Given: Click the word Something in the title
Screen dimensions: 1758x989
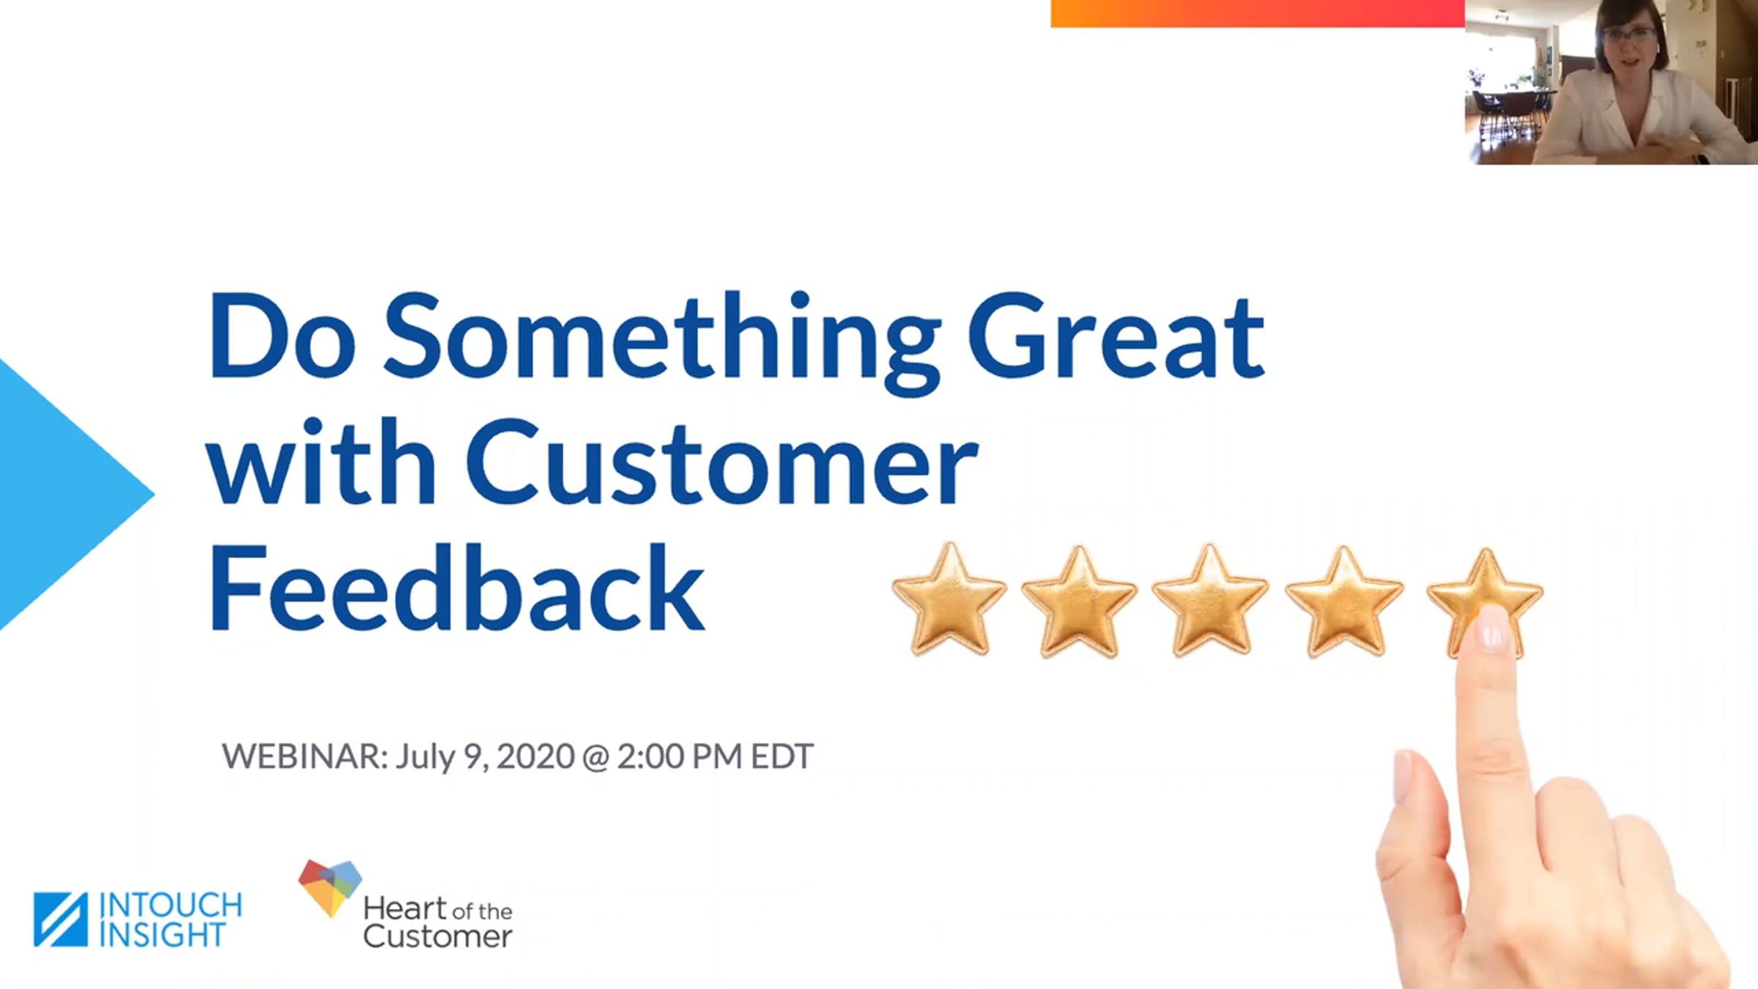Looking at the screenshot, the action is click(661, 341).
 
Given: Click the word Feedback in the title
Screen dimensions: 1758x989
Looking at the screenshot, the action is click(457, 588).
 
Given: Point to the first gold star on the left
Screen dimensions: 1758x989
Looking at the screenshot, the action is click(949, 599).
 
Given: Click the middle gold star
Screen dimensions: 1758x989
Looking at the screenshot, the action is click(1210, 601).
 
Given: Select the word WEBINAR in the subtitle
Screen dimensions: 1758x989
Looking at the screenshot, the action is click(305, 757).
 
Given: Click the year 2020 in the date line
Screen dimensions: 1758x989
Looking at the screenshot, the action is click(535, 757).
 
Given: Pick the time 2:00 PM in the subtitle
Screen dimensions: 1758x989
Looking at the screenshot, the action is click(680, 757).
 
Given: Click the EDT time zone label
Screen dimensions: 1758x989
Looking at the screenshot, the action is click(782, 757).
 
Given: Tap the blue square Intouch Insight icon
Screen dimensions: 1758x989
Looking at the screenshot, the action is click(61, 919).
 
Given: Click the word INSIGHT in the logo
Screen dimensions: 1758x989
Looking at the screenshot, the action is click(162, 936).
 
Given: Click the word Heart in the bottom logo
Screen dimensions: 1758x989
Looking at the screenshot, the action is click(405, 909).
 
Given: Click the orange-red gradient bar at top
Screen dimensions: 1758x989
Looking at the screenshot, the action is click(1258, 13).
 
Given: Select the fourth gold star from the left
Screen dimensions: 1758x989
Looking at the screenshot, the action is click(1344, 602).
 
